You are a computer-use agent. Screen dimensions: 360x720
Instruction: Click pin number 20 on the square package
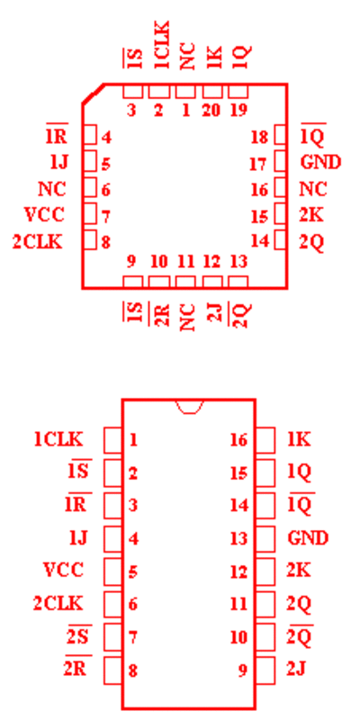[211, 111]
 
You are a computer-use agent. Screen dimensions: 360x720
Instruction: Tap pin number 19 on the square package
[238, 111]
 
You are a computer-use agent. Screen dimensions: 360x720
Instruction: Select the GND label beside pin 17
[320, 162]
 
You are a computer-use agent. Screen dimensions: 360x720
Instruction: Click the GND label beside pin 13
[308, 537]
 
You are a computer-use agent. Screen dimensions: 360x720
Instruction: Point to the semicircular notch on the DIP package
[190, 407]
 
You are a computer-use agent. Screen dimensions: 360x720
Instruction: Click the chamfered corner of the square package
[93, 94]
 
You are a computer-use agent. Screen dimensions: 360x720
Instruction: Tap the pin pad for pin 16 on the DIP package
[265, 440]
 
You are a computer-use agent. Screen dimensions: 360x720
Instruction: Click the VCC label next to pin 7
[43, 214]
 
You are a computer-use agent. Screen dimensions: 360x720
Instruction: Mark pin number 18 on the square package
[259, 138]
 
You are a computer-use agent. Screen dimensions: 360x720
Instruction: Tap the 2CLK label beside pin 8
[37, 242]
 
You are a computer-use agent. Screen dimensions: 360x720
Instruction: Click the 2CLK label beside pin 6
[58, 603]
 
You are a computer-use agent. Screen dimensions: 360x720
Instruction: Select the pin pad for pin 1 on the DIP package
[113, 440]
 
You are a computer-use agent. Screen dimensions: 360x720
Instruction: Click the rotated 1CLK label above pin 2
[162, 44]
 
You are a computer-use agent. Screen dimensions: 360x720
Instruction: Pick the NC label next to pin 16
[313, 189]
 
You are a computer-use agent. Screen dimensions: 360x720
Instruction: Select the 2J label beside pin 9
[297, 670]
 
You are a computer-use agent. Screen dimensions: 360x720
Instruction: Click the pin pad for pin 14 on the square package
[281, 240]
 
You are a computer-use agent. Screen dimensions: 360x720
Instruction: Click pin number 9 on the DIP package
[242, 670]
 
